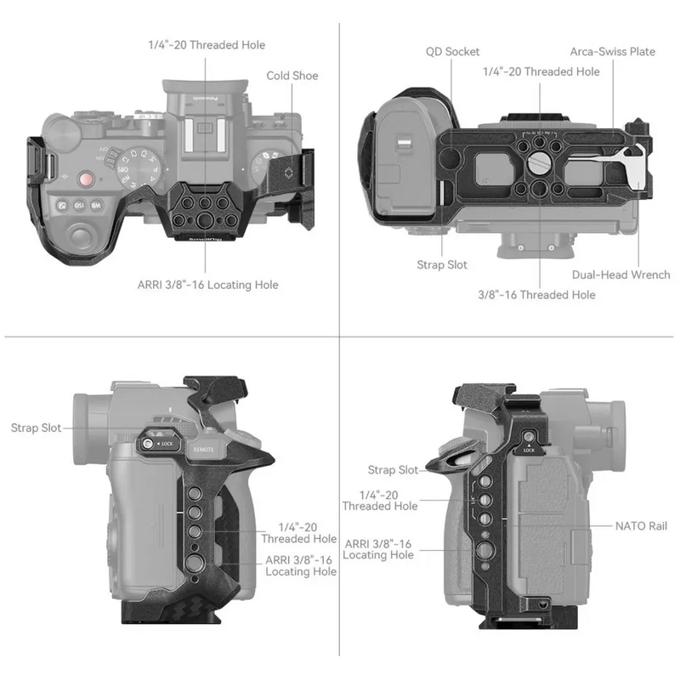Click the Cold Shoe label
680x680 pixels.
coord(292,76)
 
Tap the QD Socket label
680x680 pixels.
coord(453,52)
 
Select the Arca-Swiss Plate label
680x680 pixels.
coord(612,52)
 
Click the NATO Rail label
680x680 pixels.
coord(641,526)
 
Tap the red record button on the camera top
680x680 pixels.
coord(85,179)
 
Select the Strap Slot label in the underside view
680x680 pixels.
coord(442,265)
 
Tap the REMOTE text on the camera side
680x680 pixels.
coord(203,448)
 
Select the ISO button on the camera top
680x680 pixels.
coord(80,205)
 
